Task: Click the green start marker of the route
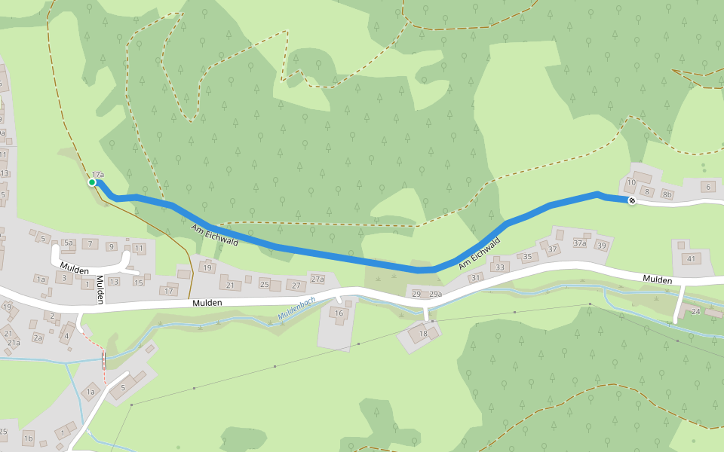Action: pos(92,182)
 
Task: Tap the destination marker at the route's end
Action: pos(631,200)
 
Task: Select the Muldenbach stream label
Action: pos(296,307)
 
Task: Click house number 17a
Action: pos(98,175)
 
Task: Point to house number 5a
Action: pos(68,243)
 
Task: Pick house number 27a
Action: pos(318,279)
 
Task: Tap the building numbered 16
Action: pos(339,313)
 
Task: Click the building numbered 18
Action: pos(422,333)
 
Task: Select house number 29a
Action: pos(435,294)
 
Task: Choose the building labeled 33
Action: pos(499,267)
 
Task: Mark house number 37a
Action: pos(579,243)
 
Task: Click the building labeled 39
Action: pos(601,246)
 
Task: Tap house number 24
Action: pos(695,311)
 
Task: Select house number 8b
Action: pos(667,194)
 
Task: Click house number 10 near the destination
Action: pos(631,182)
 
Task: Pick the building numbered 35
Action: pos(527,257)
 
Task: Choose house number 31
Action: pos(475,277)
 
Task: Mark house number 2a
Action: pos(38,337)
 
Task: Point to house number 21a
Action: pos(14,343)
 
